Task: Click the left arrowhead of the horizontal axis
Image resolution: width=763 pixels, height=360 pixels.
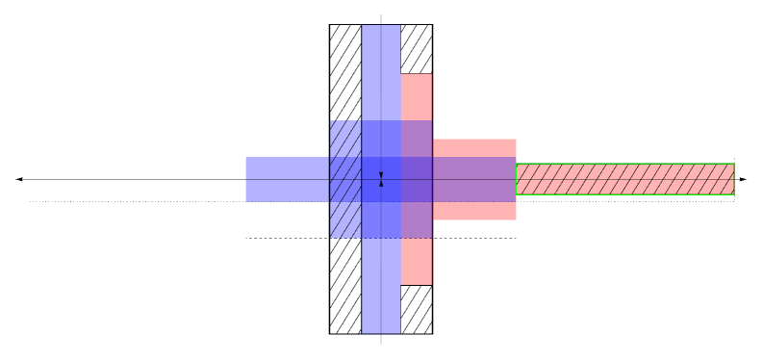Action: point(19,180)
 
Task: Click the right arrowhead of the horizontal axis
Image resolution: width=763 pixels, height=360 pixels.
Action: point(742,180)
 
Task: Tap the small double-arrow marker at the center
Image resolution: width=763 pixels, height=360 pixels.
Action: point(381,179)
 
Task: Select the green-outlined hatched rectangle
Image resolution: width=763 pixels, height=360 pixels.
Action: point(625,179)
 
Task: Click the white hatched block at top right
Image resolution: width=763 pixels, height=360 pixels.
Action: point(416,48)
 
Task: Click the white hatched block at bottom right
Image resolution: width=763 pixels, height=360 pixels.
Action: point(416,309)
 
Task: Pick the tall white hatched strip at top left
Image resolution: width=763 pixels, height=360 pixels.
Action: point(345,72)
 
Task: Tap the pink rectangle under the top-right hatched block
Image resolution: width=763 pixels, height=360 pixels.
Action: point(416,96)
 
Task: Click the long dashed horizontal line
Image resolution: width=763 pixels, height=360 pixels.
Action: point(289,238)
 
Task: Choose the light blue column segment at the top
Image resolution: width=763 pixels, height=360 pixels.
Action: point(381,72)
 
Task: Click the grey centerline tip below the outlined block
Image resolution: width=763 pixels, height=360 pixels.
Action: point(381,340)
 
